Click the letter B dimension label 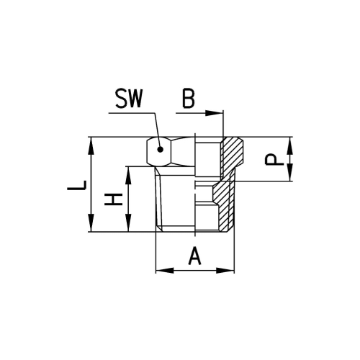point(188,99)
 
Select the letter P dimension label point(271,159)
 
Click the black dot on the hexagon point(161,151)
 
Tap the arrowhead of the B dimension point(219,113)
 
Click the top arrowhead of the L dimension point(91,142)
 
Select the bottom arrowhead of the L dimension point(91,227)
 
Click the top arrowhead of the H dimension point(129,171)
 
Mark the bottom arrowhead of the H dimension point(129,227)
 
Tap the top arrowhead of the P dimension point(290,142)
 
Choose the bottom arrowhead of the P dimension point(290,176)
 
